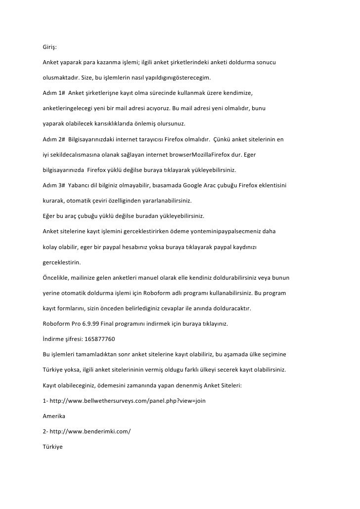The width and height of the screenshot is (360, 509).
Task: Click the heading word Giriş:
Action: pyautogui.click(x=49, y=48)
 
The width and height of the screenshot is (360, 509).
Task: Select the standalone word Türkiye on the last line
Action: pyautogui.click(x=53, y=447)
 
